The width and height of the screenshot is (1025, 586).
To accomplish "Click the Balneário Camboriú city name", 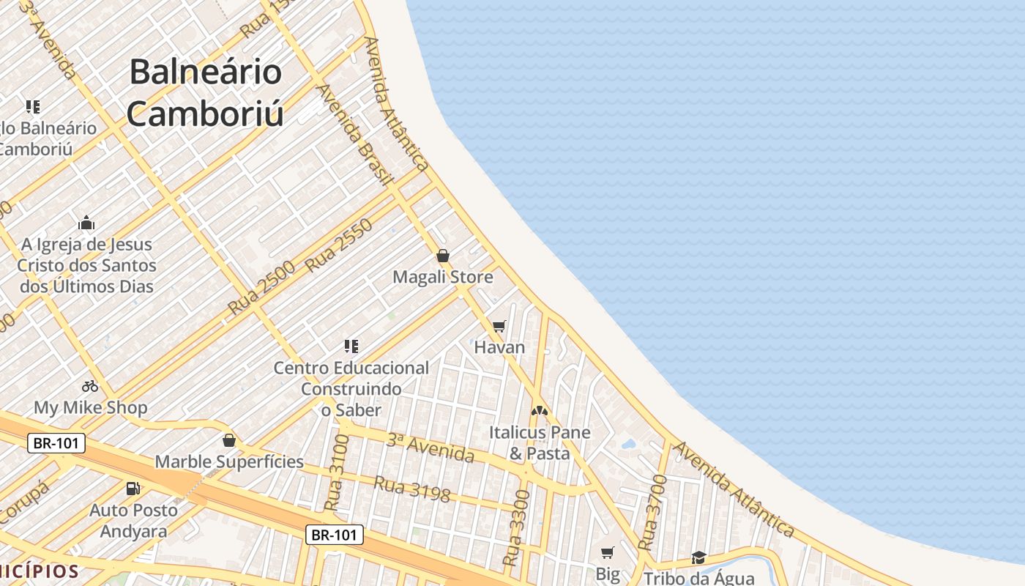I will tap(205, 92).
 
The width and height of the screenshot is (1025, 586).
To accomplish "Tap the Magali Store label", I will tap(443, 278).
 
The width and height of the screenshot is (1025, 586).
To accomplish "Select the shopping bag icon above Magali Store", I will tap(443, 256).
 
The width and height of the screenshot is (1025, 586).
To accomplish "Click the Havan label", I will tap(499, 347).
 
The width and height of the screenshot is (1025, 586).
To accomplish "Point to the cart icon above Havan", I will tap(499, 326).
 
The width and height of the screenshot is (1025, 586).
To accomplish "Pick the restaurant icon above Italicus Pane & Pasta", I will tap(540, 412).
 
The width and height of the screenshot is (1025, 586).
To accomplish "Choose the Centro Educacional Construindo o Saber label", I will tap(351, 388).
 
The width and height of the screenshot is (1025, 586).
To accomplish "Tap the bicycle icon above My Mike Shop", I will tap(90, 385).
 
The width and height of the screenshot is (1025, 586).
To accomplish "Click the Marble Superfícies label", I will tap(229, 461).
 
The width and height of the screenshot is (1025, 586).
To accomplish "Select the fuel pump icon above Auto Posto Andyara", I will tap(133, 488).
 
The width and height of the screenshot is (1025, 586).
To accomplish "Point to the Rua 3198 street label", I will tap(411, 489).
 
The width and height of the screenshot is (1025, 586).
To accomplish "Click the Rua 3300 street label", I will tap(517, 527).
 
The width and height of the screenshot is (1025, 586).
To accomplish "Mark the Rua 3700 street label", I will tap(652, 513).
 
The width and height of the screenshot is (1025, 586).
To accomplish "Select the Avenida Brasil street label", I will tap(355, 133).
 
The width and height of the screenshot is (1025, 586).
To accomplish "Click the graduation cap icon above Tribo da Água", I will tap(698, 558).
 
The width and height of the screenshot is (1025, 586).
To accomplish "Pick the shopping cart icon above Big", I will tap(607, 552).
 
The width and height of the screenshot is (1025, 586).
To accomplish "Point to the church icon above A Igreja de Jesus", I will tap(86, 223).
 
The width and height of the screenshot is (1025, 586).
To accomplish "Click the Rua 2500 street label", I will tap(261, 288).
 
